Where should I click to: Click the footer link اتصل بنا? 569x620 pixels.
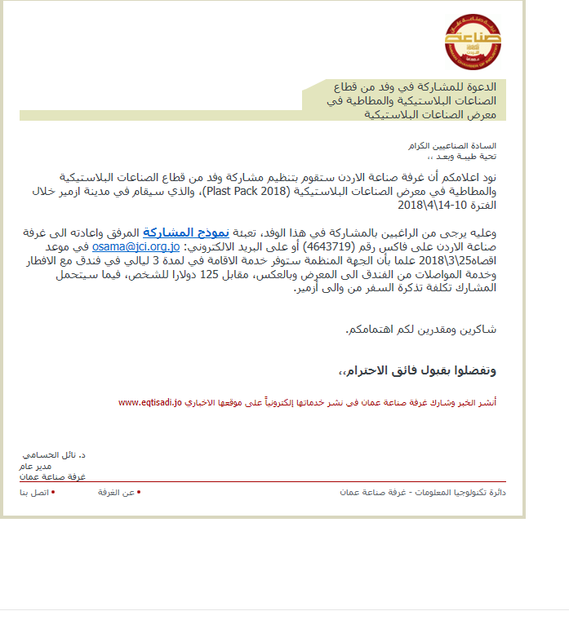(x=33, y=493)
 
